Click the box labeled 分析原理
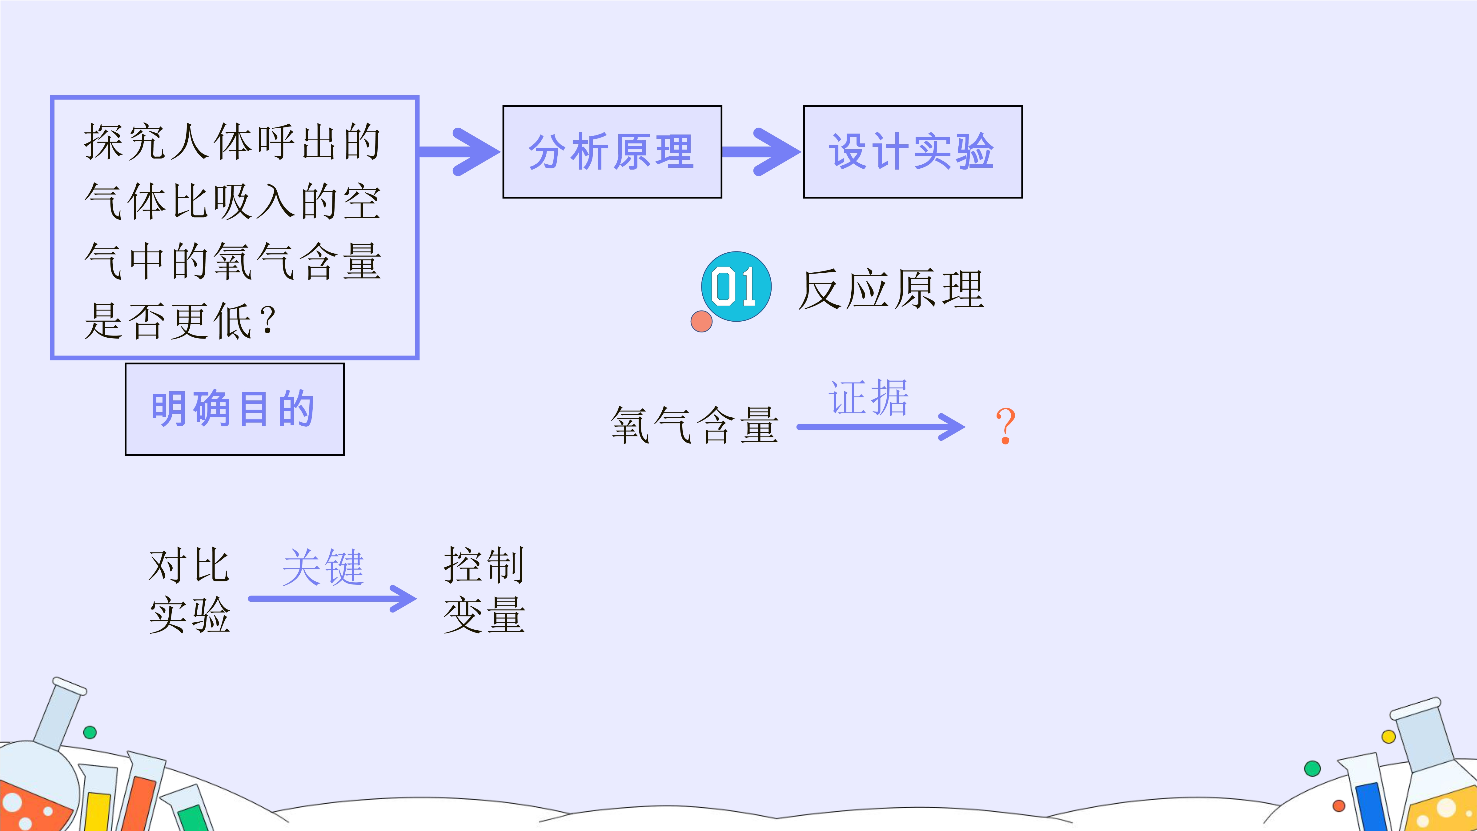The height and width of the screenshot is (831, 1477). click(x=612, y=152)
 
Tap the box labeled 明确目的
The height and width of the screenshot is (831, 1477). click(x=235, y=409)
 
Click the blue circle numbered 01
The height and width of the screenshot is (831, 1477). click(x=736, y=286)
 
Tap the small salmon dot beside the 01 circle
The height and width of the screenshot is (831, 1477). click(x=701, y=321)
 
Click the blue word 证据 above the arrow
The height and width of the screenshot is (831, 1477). click(x=868, y=397)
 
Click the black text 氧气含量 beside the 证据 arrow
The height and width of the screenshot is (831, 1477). click(x=694, y=425)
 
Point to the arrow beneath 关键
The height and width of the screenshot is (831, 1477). click(x=333, y=599)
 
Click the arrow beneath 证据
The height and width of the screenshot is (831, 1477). click(x=881, y=427)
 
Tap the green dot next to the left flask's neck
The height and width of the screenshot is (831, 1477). click(x=90, y=732)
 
